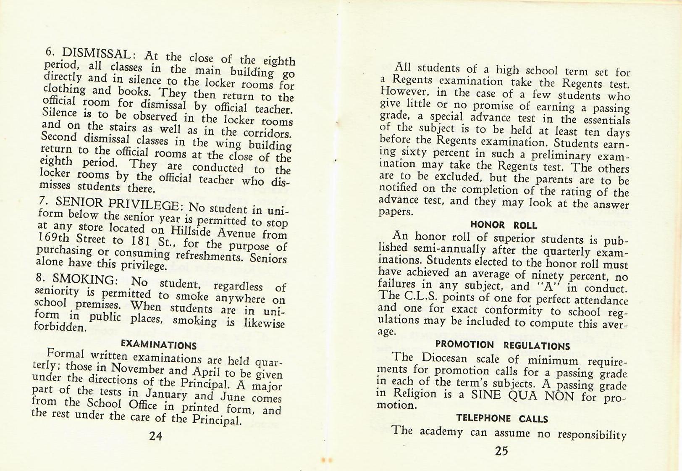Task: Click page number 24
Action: [156, 436]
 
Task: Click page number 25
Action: [501, 451]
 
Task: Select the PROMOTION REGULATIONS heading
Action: [502, 345]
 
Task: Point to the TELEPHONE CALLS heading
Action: [502, 418]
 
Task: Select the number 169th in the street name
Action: [54, 237]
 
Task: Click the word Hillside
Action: [189, 231]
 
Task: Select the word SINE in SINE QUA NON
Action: [487, 395]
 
